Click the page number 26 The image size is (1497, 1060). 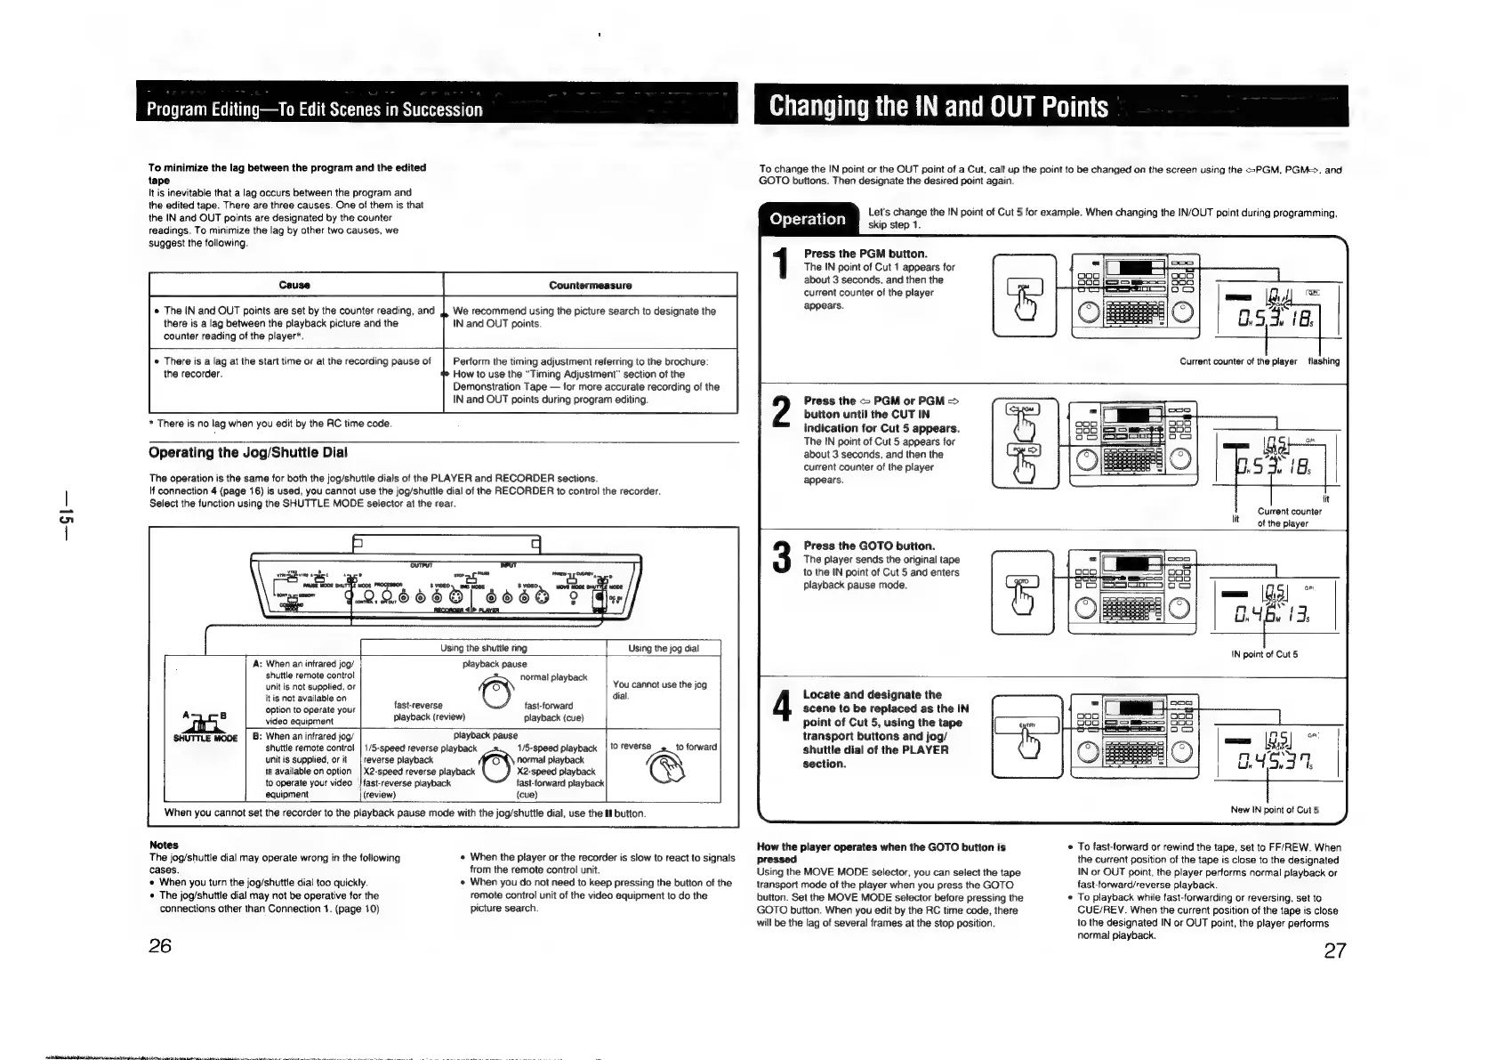tap(160, 945)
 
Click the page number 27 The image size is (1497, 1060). tap(1334, 951)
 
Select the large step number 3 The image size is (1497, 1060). tap(781, 557)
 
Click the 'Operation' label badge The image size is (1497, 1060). tap(807, 219)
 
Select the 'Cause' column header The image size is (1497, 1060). tap(294, 285)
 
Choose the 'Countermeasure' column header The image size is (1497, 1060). tap(590, 285)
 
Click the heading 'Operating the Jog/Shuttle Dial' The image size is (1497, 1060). tap(247, 452)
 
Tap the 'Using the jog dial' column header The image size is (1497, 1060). tap(663, 648)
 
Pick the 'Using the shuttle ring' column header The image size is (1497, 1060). tap(483, 648)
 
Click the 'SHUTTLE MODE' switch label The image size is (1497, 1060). tap(204, 737)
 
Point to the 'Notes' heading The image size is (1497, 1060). tap(164, 845)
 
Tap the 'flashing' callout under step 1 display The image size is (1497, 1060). tap(1323, 361)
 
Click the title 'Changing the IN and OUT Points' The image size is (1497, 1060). tap(938, 107)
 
